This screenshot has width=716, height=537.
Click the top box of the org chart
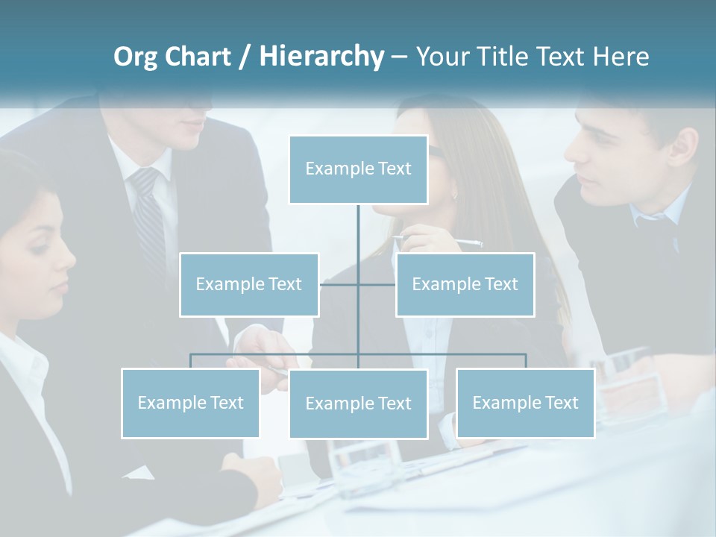point(358,169)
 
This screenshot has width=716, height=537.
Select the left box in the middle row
point(249,284)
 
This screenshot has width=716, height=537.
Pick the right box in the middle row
point(465,284)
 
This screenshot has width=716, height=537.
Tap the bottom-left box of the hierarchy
point(190,403)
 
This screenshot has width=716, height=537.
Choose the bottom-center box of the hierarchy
point(358,403)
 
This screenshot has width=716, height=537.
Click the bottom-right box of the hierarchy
point(525,403)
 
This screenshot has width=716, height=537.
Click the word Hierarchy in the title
point(321,57)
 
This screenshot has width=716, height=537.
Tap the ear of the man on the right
point(681,149)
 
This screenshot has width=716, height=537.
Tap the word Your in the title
point(441,57)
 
